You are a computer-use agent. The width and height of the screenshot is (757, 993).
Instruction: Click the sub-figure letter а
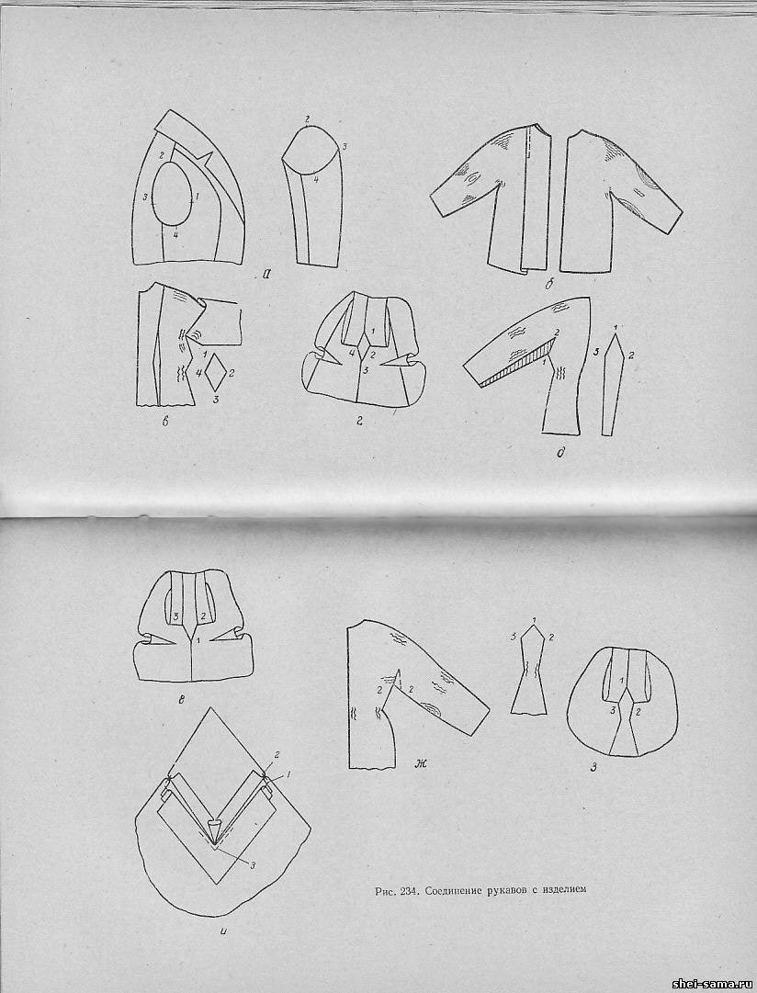(266, 275)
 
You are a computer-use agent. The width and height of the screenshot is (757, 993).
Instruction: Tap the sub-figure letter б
(549, 285)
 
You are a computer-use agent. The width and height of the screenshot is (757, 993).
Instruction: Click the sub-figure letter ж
(420, 763)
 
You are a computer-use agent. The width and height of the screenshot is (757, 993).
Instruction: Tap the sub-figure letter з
(593, 768)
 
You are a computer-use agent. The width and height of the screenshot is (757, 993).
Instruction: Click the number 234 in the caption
(407, 890)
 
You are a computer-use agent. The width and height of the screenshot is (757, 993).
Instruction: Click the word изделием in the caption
(564, 890)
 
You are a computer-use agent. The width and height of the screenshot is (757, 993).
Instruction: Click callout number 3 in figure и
(252, 865)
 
